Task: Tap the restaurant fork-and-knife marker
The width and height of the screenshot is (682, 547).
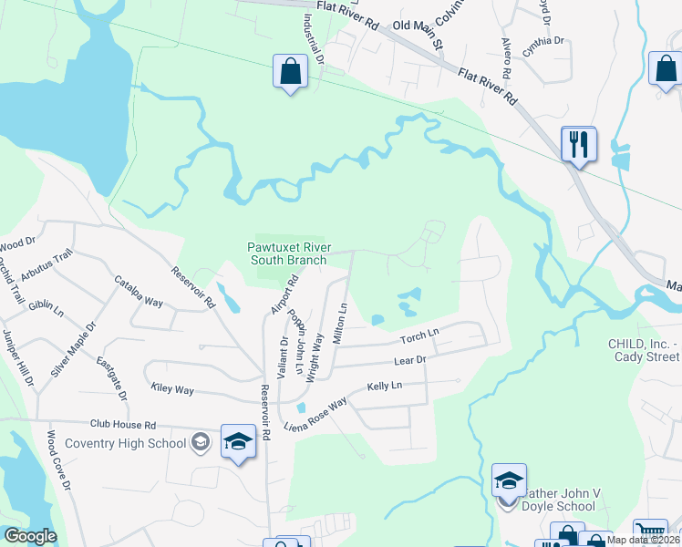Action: (x=579, y=145)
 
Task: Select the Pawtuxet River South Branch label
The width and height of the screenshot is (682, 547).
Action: (x=287, y=253)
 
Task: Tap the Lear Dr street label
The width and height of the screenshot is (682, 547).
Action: (x=409, y=361)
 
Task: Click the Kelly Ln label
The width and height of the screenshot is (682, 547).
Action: (x=384, y=387)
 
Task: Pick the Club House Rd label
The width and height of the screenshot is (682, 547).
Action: (x=123, y=425)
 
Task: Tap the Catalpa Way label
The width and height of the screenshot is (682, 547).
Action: (x=138, y=293)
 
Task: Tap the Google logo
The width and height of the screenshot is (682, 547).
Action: (x=30, y=536)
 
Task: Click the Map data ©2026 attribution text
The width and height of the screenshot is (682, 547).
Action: (x=643, y=540)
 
